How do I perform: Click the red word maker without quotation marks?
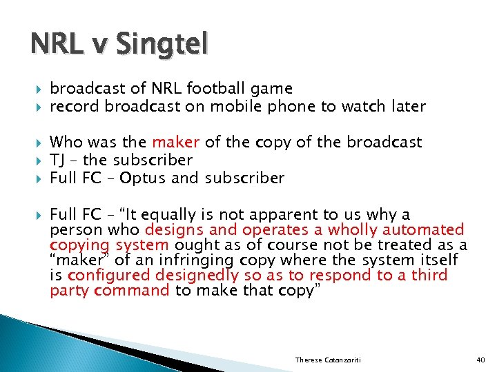click(175, 142)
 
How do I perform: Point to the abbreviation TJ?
click(58, 160)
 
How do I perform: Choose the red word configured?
click(108, 276)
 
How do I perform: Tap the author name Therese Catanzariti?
click(329, 360)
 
